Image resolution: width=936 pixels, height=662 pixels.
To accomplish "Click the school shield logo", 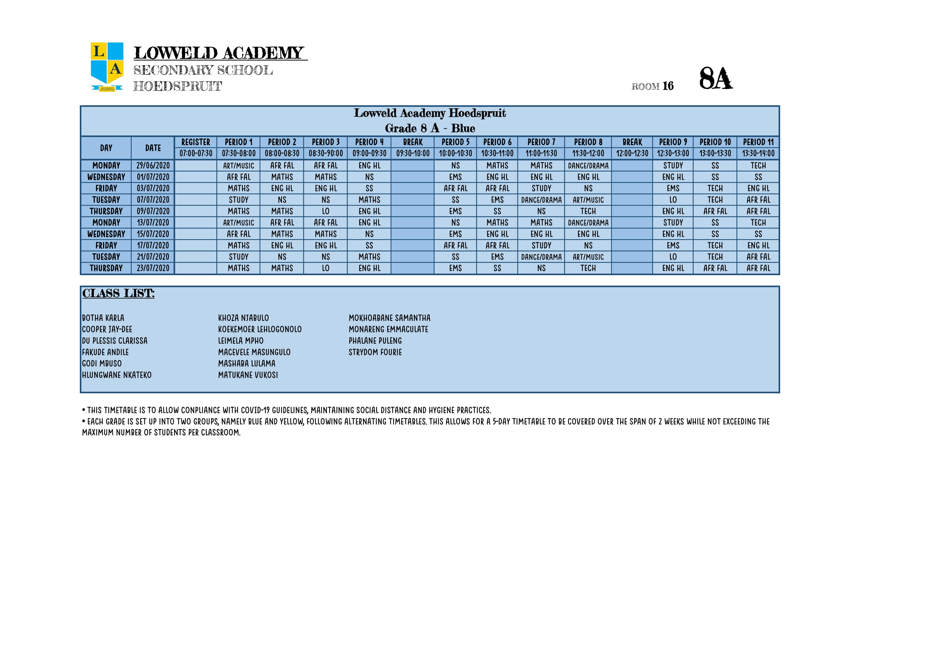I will [x=107, y=67].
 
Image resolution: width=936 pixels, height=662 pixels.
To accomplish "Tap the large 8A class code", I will [x=716, y=78].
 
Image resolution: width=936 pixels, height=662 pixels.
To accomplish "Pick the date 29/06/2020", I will [x=153, y=166].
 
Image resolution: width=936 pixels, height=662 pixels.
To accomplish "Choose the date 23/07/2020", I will [x=153, y=268].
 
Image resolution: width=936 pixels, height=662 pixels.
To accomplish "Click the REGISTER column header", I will [x=196, y=142].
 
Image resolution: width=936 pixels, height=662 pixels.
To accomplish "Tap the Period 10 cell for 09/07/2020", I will [x=715, y=211].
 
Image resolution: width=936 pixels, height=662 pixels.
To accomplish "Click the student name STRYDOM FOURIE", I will [x=375, y=352].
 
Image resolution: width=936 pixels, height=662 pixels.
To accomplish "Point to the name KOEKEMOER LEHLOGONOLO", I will [x=260, y=329].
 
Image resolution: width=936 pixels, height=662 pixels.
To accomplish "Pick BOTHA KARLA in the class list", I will [x=103, y=318].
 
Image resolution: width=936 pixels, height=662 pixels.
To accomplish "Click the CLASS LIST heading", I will [x=118, y=293].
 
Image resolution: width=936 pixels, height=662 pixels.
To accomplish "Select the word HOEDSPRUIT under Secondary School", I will [x=178, y=86].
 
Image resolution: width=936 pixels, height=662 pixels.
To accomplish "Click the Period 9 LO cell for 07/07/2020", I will [x=673, y=200].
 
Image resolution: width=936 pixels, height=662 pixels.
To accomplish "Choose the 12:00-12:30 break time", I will [x=632, y=153].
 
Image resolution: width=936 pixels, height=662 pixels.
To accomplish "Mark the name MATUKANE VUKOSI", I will [x=248, y=375].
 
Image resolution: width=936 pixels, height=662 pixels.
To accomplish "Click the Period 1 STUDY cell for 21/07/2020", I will [x=239, y=257].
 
